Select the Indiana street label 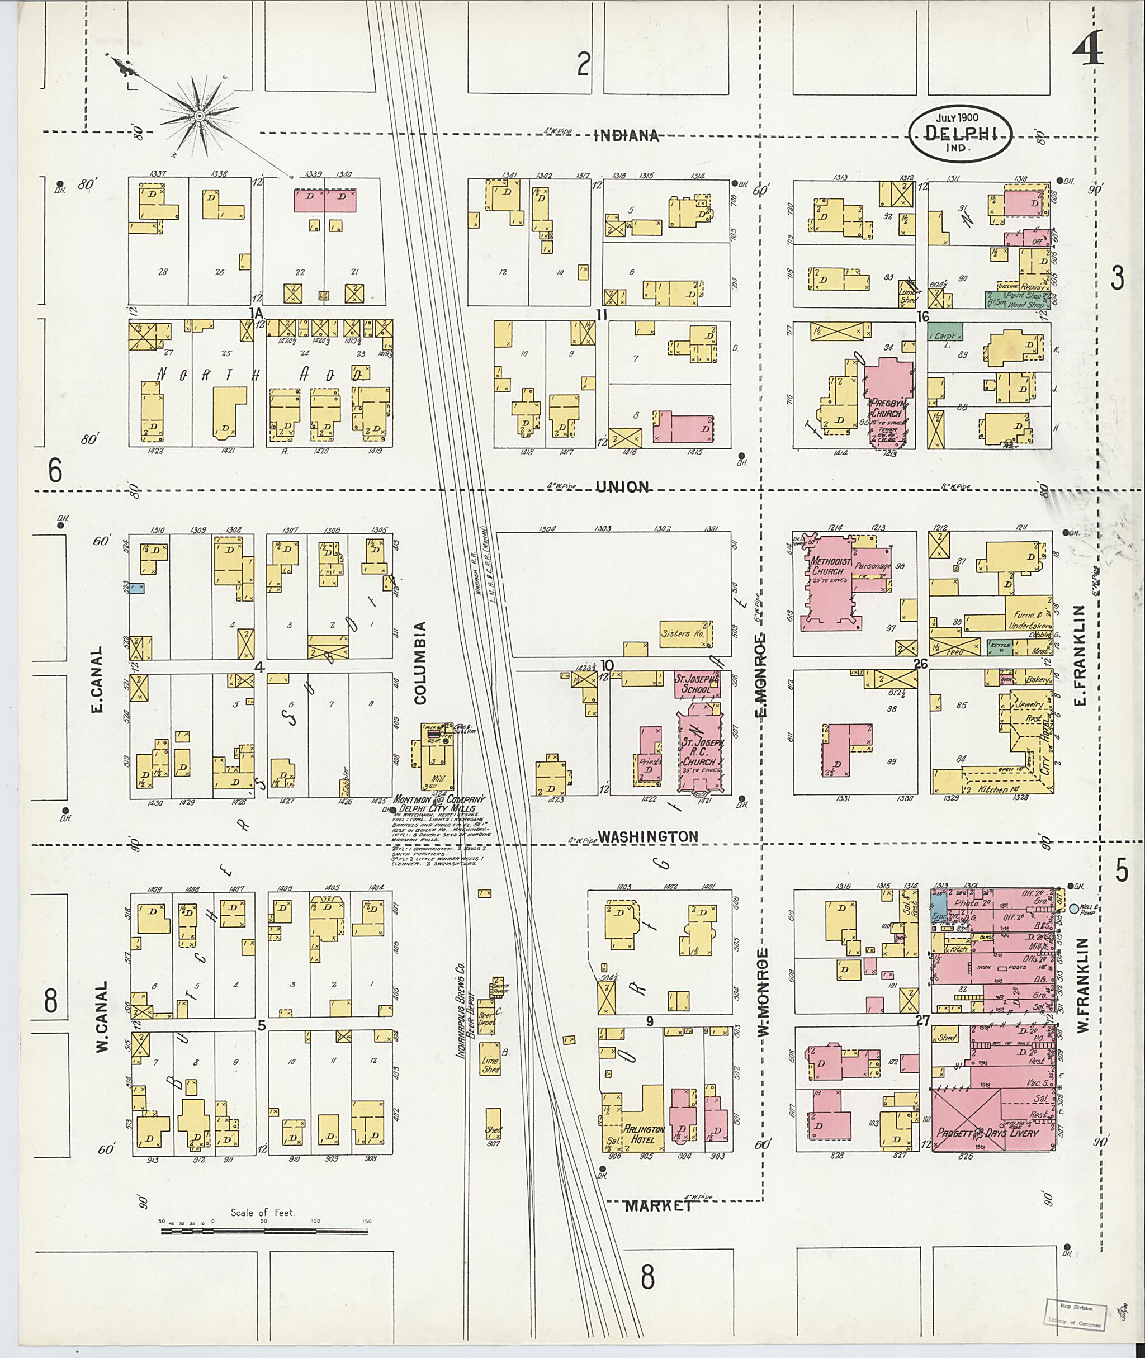626,136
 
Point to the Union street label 622,487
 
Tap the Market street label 658,1206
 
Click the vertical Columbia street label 420,662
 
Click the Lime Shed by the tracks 491,1064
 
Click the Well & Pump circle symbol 1073,907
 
